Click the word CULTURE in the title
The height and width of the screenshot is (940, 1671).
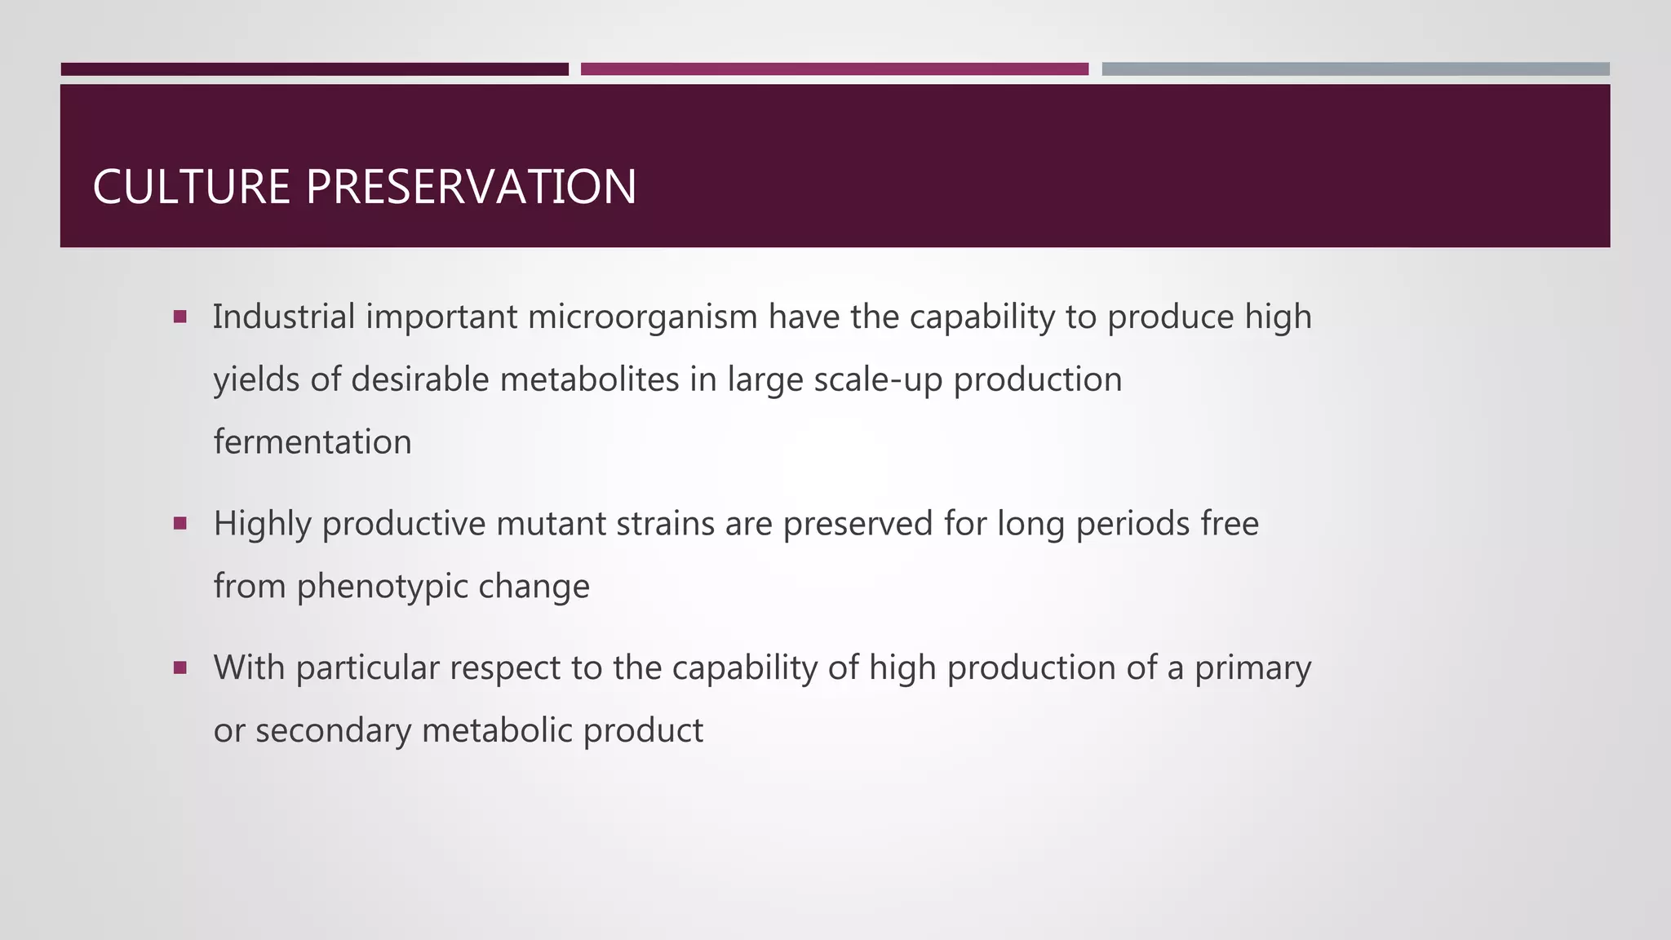tap(191, 187)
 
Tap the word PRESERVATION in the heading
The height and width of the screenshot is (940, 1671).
tap(471, 187)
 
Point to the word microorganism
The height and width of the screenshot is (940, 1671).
tap(643, 317)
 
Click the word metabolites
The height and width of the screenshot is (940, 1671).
tap(589, 379)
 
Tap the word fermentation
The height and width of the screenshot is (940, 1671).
tap(312, 442)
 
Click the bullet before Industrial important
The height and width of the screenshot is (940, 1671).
tap(180, 316)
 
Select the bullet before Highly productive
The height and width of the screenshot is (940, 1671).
tap(180, 523)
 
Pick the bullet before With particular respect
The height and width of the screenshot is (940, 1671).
tap(180, 667)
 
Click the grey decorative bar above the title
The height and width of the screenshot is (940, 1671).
tap(1355, 69)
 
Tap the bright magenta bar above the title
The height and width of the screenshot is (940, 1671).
tap(834, 69)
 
